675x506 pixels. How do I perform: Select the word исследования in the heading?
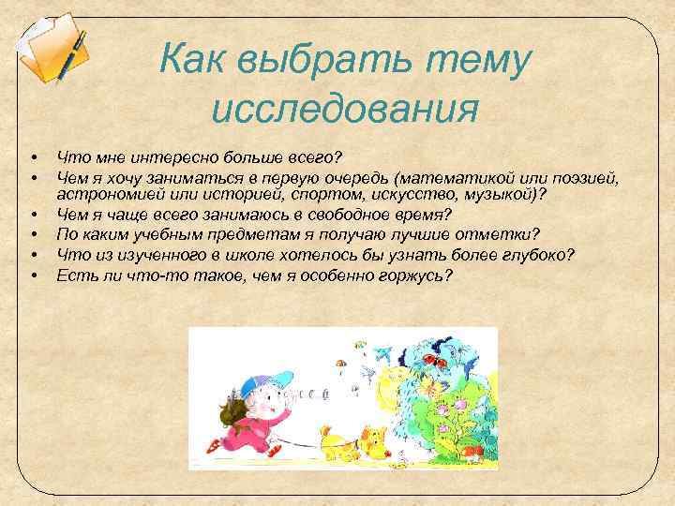click(x=345, y=109)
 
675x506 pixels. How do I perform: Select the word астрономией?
click(x=110, y=193)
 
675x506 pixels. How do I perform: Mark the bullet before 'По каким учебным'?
click(x=33, y=234)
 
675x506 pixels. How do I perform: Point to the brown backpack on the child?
click(x=229, y=413)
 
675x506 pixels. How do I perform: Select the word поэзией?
click(x=590, y=175)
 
